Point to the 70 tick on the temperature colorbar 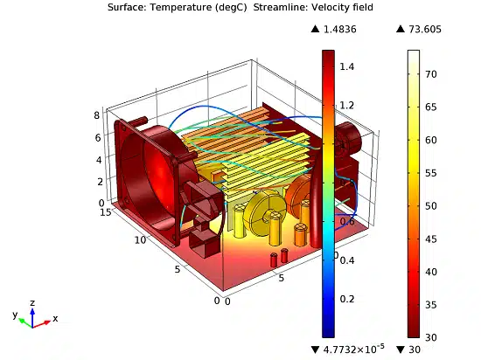click(430, 74)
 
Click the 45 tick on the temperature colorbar click(430, 239)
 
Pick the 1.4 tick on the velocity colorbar click(347, 66)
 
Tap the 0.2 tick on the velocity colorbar click(347, 299)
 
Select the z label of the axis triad click(32, 303)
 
